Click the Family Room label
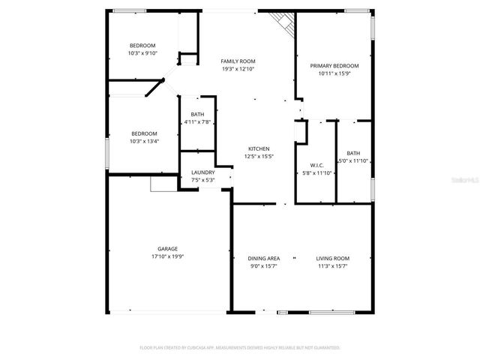[238, 61]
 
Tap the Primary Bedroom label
[334, 65]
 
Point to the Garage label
[167, 248]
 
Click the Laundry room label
[202, 172]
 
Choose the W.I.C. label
[316, 165]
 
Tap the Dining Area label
[264, 258]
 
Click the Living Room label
[332, 258]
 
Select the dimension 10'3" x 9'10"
[142, 53]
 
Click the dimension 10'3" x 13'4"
[144, 140]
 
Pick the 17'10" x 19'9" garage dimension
[167, 256]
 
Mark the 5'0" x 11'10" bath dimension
[353, 160]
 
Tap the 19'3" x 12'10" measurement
[238, 68]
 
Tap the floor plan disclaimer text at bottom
[240, 348]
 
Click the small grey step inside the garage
[161, 183]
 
